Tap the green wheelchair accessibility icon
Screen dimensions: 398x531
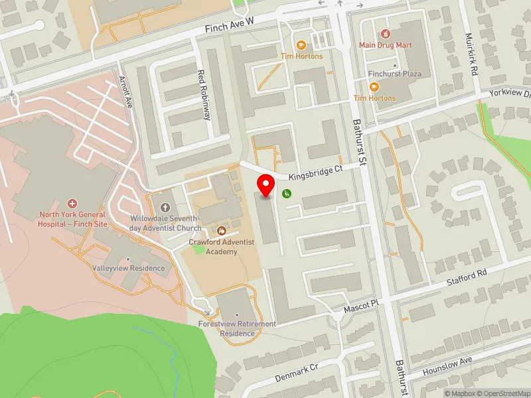(x=287, y=194)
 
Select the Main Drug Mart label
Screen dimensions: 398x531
(x=385, y=45)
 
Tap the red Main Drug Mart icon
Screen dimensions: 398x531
(x=385, y=34)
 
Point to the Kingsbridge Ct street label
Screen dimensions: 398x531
(x=315, y=172)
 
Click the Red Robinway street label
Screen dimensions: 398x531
(x=206, y=94)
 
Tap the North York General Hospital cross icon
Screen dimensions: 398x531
(x=73, y=202)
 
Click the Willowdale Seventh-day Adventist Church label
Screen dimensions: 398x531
(x=165, y=223)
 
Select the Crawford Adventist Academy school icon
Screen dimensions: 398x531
(x=222, y=230)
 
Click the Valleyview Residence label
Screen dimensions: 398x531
(x=129, y=268)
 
